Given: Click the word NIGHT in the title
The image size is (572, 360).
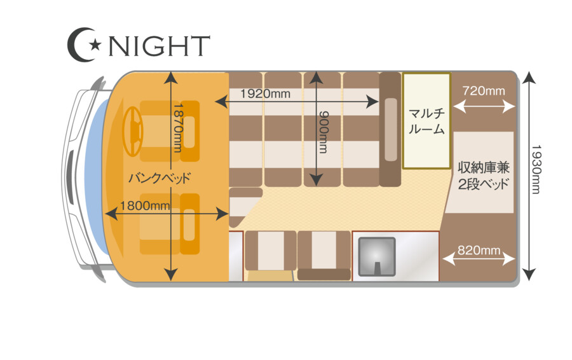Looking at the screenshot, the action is [160, 46].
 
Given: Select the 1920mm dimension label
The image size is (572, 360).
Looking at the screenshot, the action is [265, 94].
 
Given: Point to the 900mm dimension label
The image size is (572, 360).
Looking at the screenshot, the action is [323, 132].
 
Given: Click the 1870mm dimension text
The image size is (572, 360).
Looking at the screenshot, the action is [178, 127].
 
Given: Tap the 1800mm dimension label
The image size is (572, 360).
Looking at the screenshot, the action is [145, 206].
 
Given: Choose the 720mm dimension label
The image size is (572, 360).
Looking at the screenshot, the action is [484, 90].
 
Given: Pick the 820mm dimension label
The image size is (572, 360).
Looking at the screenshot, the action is [479, 250].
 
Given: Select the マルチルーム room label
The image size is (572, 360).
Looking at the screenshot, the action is [426, 121].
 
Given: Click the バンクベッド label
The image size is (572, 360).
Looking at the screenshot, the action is [160, 178].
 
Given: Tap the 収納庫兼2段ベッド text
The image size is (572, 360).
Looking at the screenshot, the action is [484, 176].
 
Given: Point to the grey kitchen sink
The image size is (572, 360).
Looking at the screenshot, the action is [377, 257].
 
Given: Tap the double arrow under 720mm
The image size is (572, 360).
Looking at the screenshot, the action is [484, 106].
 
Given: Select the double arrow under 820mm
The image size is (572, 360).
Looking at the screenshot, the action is [478, 259].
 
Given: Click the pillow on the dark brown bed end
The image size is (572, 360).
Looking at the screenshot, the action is [391, 129].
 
